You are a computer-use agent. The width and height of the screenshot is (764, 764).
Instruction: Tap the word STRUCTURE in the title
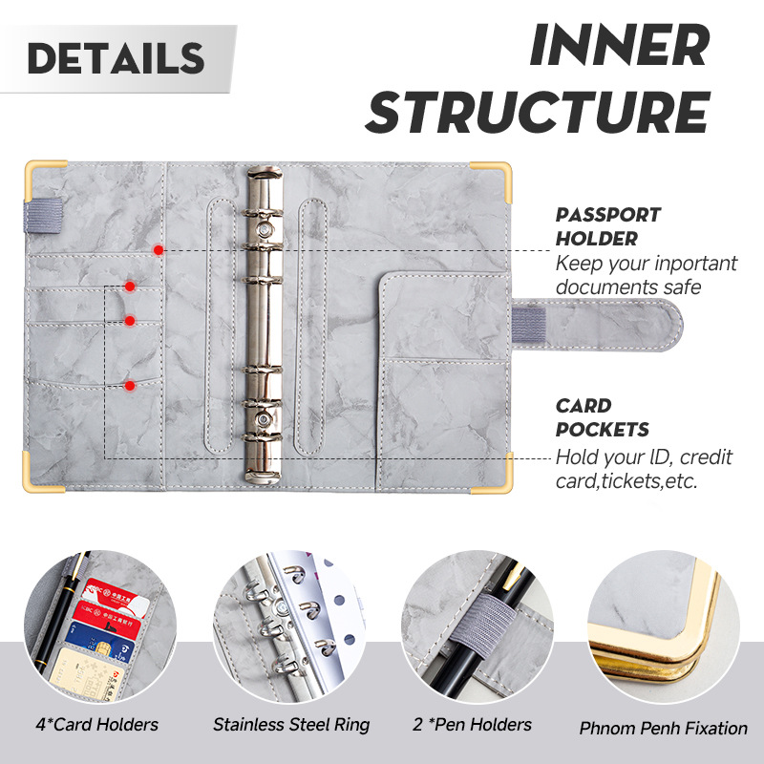(537, 113)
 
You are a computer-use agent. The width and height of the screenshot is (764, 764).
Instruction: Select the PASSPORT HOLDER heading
(607, 227)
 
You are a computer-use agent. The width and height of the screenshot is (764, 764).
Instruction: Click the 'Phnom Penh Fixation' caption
(663, 728)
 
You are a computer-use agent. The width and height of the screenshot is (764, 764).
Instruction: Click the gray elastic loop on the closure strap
(528, 321)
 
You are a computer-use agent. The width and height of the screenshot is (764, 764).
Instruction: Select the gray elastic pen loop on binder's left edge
(41, 212)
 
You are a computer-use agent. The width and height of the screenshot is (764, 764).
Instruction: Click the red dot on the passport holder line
(159, 250)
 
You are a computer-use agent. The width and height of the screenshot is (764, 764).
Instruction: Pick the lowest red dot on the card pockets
(130, 386)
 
